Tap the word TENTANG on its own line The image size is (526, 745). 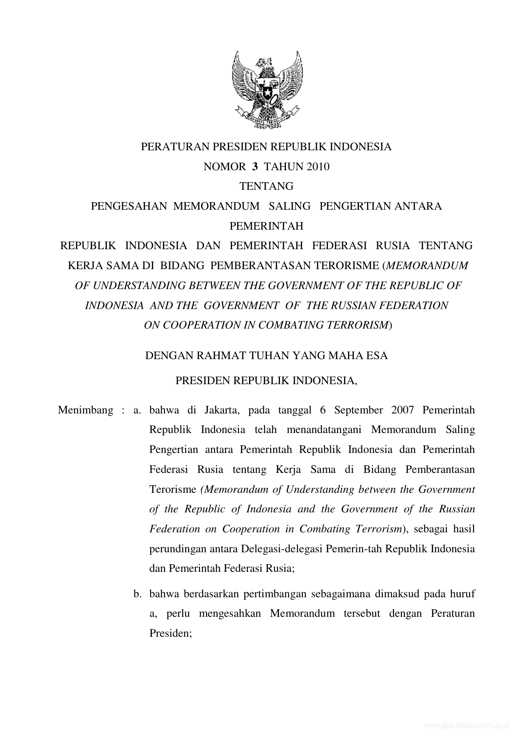(x=266, y=186)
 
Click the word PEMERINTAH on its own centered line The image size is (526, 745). (x=266, y=226)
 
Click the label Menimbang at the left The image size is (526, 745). (x=85, y=410)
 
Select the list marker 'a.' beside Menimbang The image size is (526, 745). (x=137, y=410)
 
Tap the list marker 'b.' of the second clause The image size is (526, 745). (x=137, y=594)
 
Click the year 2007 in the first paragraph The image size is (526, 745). (x=405, y=410)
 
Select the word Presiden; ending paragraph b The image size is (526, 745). (x=171, y=633)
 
